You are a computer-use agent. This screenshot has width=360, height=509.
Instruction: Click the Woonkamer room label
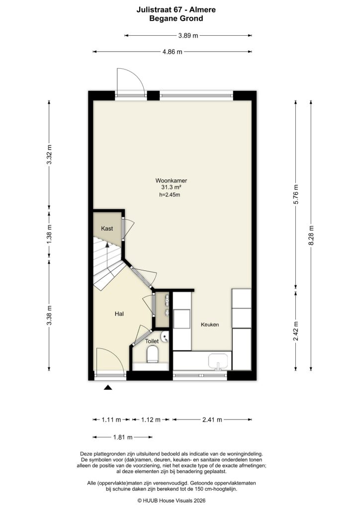171,180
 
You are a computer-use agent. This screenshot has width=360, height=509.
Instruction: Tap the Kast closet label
107,229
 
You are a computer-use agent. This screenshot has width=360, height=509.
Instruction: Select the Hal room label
119,314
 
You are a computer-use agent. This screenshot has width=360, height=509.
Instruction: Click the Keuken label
209,325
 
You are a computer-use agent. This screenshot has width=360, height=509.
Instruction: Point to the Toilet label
152,341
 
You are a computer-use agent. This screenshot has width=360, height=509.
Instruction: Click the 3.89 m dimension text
188,36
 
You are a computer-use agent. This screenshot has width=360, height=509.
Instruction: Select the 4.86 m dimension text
172,52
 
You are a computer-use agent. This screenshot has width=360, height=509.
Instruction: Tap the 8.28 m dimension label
311,236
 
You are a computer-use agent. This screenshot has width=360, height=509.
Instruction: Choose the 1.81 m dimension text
122,437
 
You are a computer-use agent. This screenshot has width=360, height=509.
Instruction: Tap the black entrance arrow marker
108,388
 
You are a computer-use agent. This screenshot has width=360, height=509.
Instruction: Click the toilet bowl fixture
152,354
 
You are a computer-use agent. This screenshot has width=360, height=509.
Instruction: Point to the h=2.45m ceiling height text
169,195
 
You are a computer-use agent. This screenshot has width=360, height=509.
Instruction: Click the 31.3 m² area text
171,187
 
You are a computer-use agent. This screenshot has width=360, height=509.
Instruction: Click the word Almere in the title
189,9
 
